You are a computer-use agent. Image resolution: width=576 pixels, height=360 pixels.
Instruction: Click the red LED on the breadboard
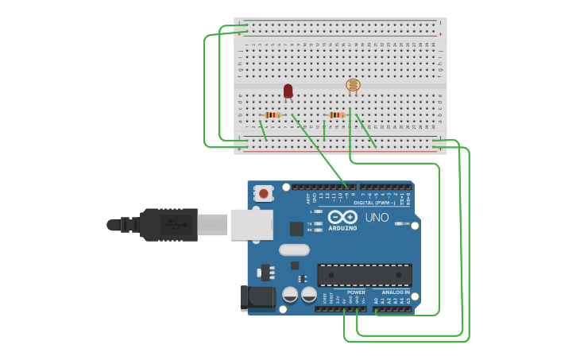click(x=288, y=91)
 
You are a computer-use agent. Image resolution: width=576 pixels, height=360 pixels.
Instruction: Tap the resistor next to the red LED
click(x=273, y=115)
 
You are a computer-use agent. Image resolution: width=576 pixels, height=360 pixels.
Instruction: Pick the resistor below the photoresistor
click(x=337, y=115)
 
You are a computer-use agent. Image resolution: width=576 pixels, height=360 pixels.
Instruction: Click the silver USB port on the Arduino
click(x=252, y=224)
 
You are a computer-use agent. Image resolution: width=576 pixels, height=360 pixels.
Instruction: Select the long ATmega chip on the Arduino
click(x=365, y=275)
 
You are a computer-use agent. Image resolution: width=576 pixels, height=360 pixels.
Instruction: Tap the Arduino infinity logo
click(x=342, y=217)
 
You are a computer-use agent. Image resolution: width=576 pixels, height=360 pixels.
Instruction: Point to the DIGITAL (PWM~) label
click(x=384, y=203)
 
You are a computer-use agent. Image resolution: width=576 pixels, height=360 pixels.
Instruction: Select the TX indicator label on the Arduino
click(x=309, y=224)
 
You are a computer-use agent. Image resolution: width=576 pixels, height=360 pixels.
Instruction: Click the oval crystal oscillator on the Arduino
click(x=294, y=250)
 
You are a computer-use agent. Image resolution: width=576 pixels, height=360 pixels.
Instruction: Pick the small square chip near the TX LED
click(x=296, y=229)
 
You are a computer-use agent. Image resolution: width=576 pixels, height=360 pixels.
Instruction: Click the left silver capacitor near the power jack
click(x=290, y=295)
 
